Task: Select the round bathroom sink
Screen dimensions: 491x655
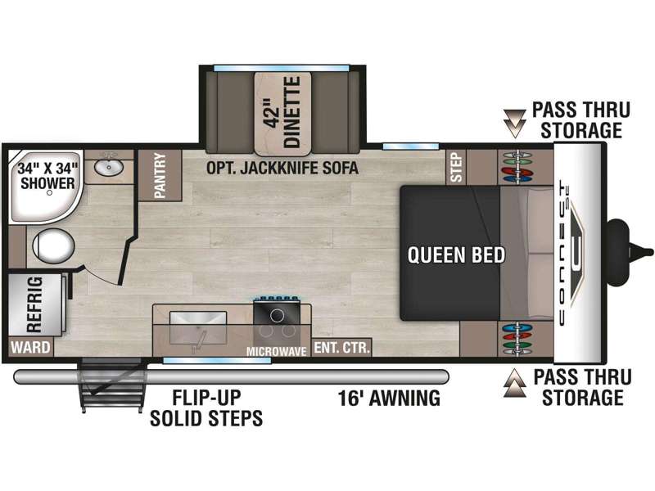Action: pos(106,169)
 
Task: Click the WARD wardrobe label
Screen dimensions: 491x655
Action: pos(30,348)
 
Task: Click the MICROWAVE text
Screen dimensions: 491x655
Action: pos(278,352)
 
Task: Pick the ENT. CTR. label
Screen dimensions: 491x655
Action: pos(343,348)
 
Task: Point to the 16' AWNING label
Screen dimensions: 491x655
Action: pos(390,399)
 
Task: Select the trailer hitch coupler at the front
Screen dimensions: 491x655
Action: pos(627,242)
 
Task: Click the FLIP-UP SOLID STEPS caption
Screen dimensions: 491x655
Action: pos(206,409)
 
